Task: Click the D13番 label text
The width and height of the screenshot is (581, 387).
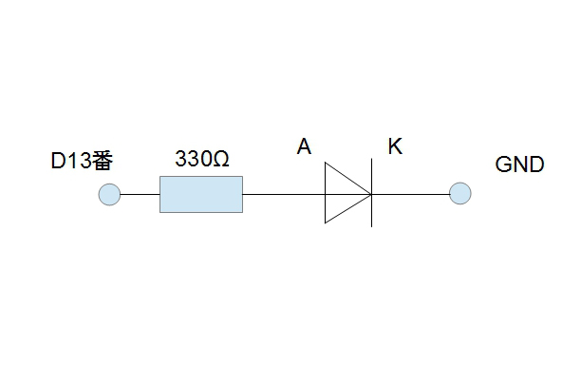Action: click(82, 161)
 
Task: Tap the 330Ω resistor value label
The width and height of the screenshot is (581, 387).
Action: click(202, 159)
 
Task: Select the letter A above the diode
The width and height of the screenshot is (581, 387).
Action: click(304, 146)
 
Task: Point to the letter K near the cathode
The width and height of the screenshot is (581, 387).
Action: click(395, 146)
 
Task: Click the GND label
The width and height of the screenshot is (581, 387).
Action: click(519, 164)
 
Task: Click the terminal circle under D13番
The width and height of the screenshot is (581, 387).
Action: click(109, 194)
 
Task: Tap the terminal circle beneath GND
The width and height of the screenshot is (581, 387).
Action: click(460, 193)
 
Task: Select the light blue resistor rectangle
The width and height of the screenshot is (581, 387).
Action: click(201, 194)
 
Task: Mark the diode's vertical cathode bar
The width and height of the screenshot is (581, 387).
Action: click(371, 192)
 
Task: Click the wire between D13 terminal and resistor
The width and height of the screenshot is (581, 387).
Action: click(141, 194)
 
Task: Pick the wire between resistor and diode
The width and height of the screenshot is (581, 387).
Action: click(284, 194)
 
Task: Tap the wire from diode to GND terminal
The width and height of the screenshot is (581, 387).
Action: click(410, 194)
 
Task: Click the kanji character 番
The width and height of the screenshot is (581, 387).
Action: click(103, 161)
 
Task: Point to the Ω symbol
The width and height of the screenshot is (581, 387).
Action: click(221, 159)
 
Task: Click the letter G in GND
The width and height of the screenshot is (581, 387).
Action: click(503, 164)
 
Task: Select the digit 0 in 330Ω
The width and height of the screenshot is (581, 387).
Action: click(207, 159)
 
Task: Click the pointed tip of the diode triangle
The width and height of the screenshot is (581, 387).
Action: click(371, 194)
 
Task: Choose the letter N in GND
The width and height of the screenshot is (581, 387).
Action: click(520, 164)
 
